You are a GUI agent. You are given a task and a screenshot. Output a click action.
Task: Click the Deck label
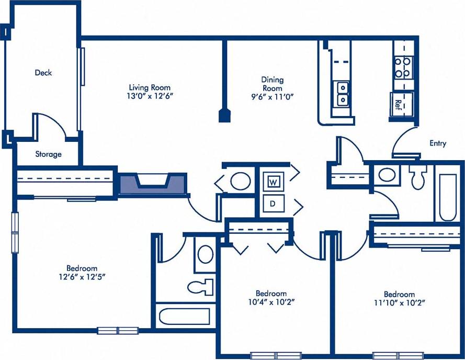(x=43, y=73)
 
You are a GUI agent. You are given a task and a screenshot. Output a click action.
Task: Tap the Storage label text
(x=48, y=154)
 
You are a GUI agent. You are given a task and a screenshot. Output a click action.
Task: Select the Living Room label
(x=150, y=88)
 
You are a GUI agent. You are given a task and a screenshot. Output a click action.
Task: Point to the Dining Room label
(x=273, y=84)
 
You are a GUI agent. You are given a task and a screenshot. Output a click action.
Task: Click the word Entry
(x=438, y=143)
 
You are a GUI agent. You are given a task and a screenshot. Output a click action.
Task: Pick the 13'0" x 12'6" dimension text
(x=150, y=97)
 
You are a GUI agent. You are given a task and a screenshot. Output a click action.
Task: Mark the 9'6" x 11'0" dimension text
(x=273, y=97)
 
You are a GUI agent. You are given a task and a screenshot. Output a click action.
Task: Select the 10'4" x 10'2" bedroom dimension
(x=271, y=302)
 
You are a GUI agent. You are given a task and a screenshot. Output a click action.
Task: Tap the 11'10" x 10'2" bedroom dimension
(x=399, y=303)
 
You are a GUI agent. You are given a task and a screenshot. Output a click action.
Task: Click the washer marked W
(x=273, y=182)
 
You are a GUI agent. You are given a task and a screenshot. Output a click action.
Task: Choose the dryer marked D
(x=273, y=204)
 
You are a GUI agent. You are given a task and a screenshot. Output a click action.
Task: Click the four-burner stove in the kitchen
(x=403, y=67)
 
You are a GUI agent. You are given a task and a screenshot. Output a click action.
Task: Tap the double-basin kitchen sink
(x=343, y=93)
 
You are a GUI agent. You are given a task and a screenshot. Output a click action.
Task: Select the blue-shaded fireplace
(x=152, y=184)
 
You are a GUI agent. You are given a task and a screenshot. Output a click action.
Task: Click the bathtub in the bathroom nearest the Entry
(x=448, y=196)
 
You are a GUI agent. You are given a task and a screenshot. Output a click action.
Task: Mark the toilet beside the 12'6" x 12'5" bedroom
(x=201, y=286)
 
